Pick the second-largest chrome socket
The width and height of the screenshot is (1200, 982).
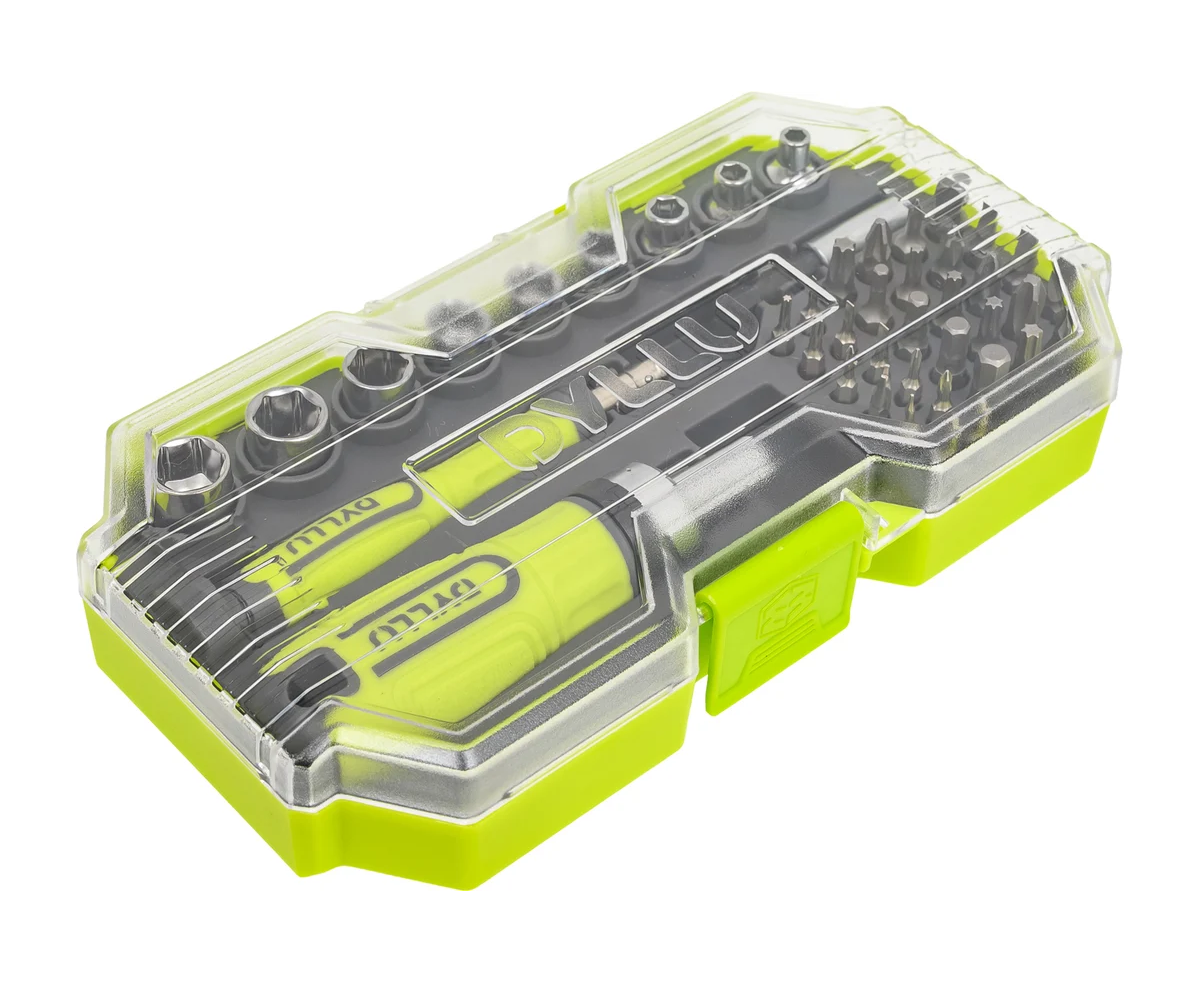click(284, 414)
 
